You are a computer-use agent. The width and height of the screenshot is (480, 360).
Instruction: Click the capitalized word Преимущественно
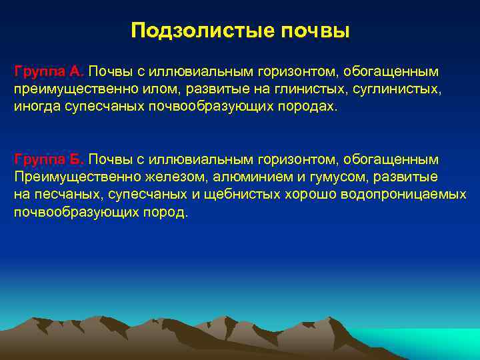[x=70, y=177]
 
